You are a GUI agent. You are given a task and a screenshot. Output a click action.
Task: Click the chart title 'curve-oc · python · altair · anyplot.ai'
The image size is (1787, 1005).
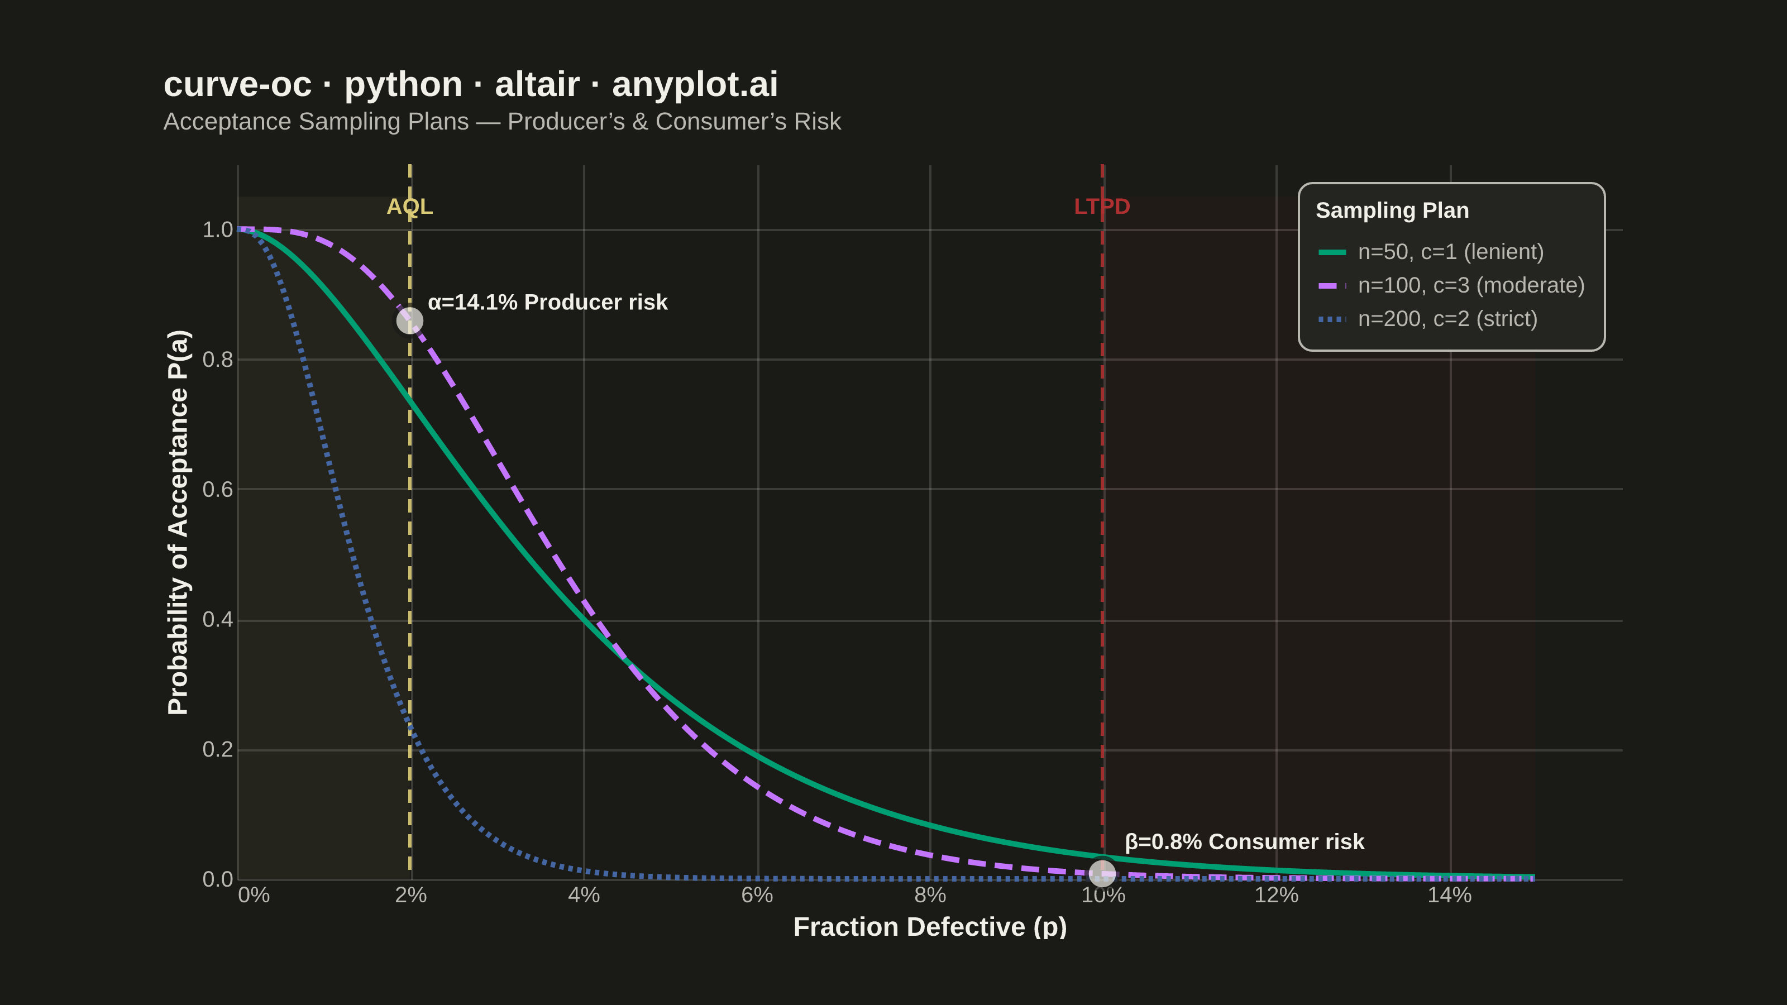click(470, 85)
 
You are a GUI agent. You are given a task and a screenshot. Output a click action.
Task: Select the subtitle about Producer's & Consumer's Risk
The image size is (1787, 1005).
click(502, 121)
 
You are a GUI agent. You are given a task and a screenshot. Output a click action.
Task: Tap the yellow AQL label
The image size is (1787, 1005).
click(410, 207)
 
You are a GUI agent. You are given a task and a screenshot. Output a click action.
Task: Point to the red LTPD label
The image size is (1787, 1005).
click(1102, 207)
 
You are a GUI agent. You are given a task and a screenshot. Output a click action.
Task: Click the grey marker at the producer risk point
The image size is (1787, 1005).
click(410, 321)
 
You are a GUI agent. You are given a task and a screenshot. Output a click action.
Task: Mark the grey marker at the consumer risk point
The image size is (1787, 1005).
click(1102, 873)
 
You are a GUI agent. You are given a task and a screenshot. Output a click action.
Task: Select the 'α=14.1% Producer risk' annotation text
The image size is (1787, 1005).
click(547, 303)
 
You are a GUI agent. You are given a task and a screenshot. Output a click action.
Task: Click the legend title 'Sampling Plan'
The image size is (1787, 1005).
click(1392, 210)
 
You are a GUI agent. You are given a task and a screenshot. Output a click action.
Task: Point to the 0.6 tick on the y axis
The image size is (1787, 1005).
click(218, 490)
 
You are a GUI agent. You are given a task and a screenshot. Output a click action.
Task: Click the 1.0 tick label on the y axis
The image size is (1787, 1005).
click(218, 229)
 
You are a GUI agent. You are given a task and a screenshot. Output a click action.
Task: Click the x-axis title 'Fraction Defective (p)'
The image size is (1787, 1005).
click(930, 927)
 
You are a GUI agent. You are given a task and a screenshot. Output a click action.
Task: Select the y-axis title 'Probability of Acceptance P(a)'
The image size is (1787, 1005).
click(178, 522)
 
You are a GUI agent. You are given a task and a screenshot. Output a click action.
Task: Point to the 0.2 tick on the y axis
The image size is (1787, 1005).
click(218, 750)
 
